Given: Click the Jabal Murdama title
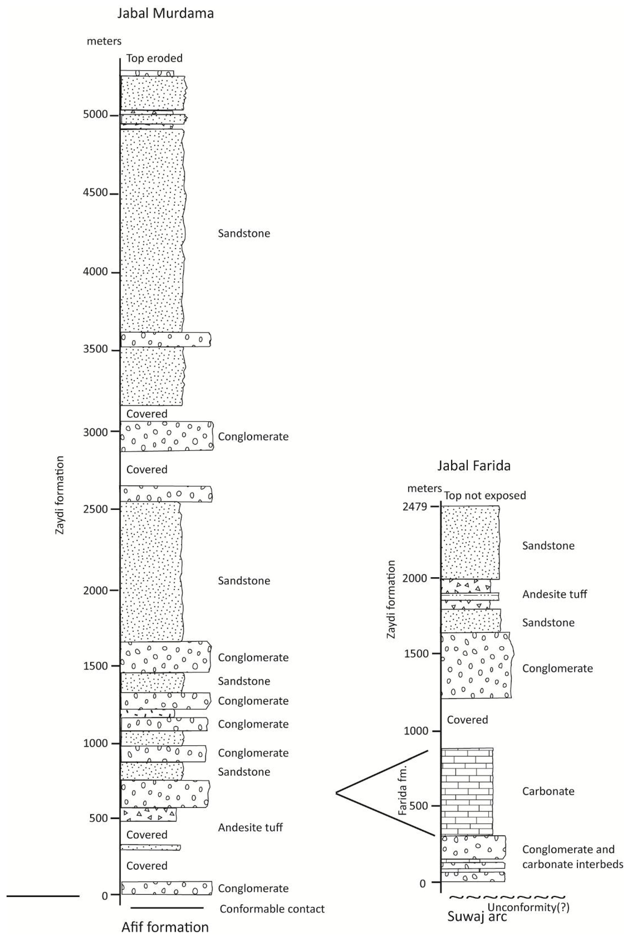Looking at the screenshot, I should (165, 14).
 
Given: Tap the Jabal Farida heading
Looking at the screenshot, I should (474, 466).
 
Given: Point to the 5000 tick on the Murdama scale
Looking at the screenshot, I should (95, 115).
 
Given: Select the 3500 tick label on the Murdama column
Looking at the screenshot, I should (95, 349).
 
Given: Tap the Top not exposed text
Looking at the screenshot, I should (485, 495).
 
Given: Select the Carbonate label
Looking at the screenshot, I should (548, 791).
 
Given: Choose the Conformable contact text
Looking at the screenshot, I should (272, 909).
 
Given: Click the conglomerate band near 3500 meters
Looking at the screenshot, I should (165, 340).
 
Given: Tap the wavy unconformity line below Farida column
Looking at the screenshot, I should (507, 898).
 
